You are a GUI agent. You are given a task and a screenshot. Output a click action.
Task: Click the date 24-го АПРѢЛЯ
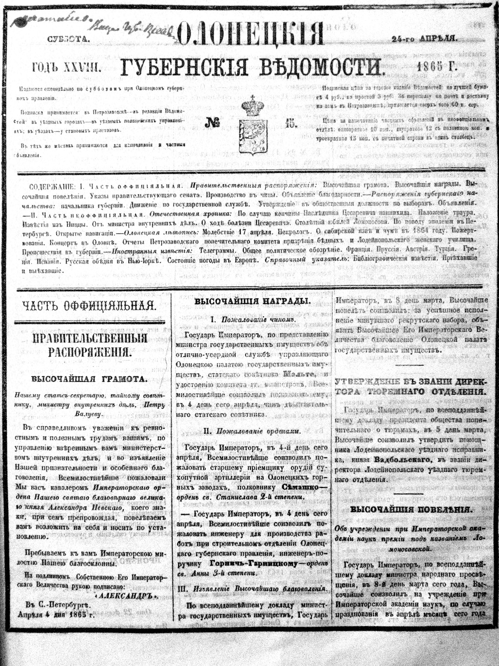click(x=424, y=39)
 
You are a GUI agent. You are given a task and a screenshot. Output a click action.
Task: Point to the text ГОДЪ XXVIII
click(x=67, y=68)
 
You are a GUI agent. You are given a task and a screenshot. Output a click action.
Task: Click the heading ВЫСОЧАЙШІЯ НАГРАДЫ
click(x=252, y=302)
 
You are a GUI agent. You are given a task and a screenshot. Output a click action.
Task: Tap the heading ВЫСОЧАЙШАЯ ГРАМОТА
click(x=89, y=379)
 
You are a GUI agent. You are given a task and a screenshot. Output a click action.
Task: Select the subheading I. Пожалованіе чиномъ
click(x=252, y=319)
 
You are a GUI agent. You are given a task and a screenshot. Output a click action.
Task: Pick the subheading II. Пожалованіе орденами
click(x=252, y=431)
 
